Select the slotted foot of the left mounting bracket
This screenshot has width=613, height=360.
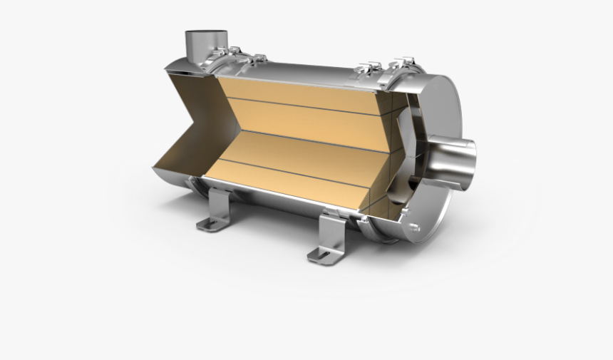pos(208,225)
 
